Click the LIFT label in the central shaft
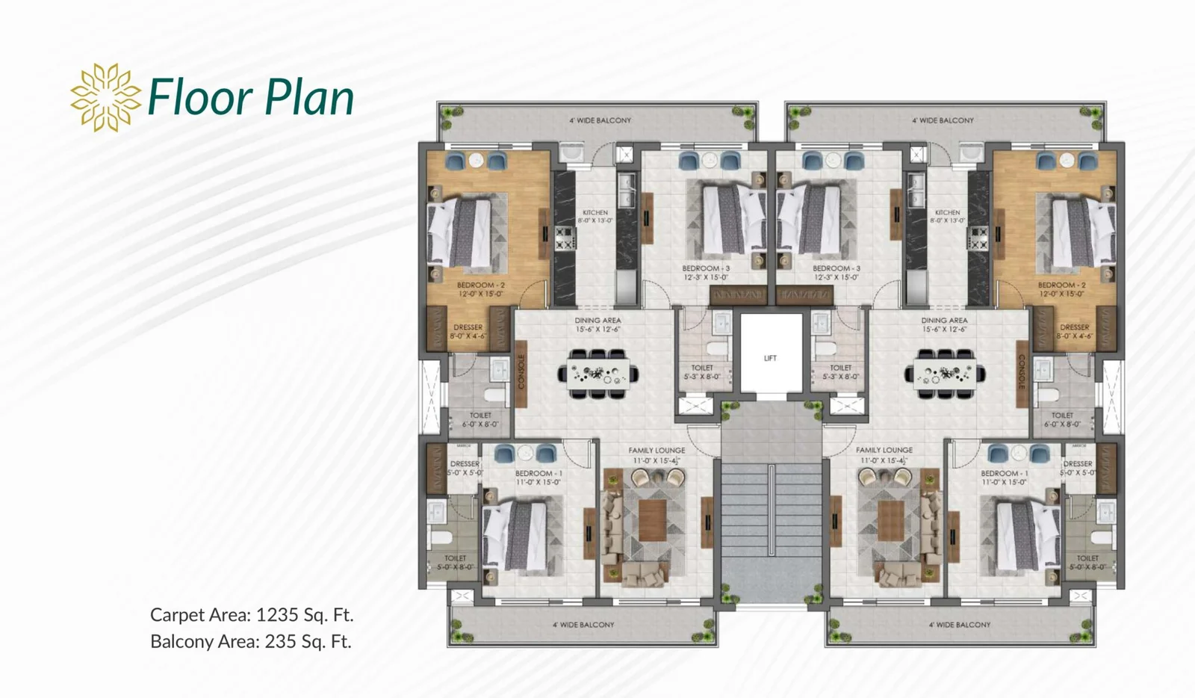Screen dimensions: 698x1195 point(770,358)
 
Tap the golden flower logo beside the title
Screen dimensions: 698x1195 point(105,97)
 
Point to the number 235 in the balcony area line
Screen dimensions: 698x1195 point(280,641)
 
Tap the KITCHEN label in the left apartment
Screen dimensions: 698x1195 point(595,213)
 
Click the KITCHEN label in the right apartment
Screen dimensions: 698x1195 point(947,213)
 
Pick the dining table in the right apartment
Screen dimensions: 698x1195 point(945,372)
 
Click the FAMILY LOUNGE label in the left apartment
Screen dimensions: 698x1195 point(657,451)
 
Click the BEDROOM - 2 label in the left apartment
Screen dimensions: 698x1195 point(481,285)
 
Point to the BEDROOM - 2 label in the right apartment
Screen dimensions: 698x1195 point(1061,285)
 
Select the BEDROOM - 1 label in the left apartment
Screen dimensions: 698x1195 point(538,473)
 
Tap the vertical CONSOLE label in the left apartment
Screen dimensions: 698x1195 point(521,371)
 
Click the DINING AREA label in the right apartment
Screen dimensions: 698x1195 point(944,321)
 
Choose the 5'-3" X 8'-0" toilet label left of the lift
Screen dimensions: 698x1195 point(702,377)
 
